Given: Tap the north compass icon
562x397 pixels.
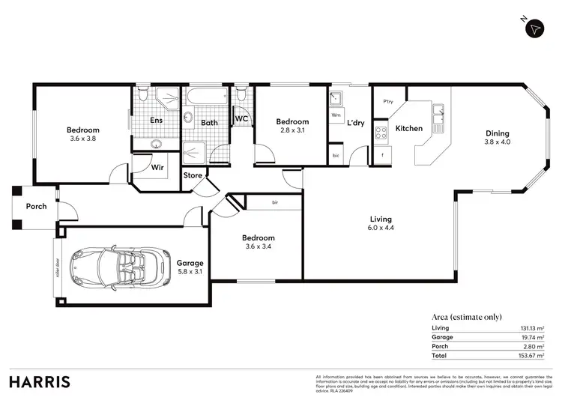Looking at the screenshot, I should (534, 28).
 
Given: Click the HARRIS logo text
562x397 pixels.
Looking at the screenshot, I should (40, 381).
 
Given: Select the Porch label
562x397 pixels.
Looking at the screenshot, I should (36, 206).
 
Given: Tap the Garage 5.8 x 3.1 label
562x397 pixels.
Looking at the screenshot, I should (190, 267).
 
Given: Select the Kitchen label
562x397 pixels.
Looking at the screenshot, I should (409, 128).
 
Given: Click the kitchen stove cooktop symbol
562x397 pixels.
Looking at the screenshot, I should (381, 133).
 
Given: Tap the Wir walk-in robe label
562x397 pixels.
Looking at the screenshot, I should (157, 167).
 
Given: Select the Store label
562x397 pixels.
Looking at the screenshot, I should (193, 176).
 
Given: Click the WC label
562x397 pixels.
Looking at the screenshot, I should (242, 118).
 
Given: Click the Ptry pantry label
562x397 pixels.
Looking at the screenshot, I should (388, 102).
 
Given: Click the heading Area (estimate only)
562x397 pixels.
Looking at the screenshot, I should (467, 317).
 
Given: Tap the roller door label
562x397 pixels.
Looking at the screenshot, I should (57, 267).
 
